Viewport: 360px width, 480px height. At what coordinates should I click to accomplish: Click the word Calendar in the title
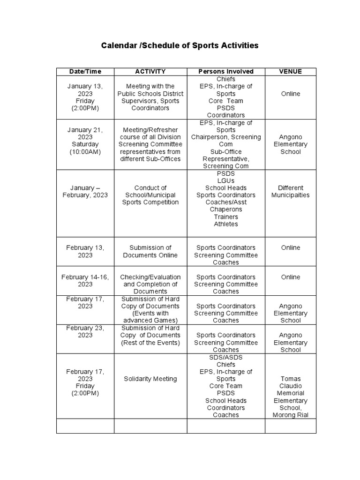point(120,45)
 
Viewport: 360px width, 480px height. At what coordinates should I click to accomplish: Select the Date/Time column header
point(85,71)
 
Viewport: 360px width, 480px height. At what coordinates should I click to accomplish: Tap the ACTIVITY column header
point(150,71)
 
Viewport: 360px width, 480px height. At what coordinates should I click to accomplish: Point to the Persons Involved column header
point(226,71)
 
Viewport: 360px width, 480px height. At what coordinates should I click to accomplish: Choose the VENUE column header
point(290,71)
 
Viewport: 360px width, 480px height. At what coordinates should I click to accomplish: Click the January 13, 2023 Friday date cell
point(85,97)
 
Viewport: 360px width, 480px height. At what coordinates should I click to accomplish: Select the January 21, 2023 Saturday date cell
point(85,141)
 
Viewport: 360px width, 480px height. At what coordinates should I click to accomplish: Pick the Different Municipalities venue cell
point(290,191)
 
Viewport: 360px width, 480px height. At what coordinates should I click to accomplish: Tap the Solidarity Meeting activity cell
point(150,379)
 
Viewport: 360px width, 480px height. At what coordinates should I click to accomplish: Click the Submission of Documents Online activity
point(150,251)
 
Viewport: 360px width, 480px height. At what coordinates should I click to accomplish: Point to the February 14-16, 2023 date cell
point(85,280)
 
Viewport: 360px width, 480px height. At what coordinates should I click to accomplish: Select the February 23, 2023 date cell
point(85,331)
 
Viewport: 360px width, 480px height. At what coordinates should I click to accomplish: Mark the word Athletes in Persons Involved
point(226,224)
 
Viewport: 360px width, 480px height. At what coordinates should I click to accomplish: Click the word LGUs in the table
point(226,180)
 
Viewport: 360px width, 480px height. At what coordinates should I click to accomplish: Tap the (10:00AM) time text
point(85,152)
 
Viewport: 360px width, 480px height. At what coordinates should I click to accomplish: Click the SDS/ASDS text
point(226,357)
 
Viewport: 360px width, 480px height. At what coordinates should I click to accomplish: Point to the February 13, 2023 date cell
point(85,251)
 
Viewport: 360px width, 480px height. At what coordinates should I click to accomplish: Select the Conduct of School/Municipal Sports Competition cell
point(150,195)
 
